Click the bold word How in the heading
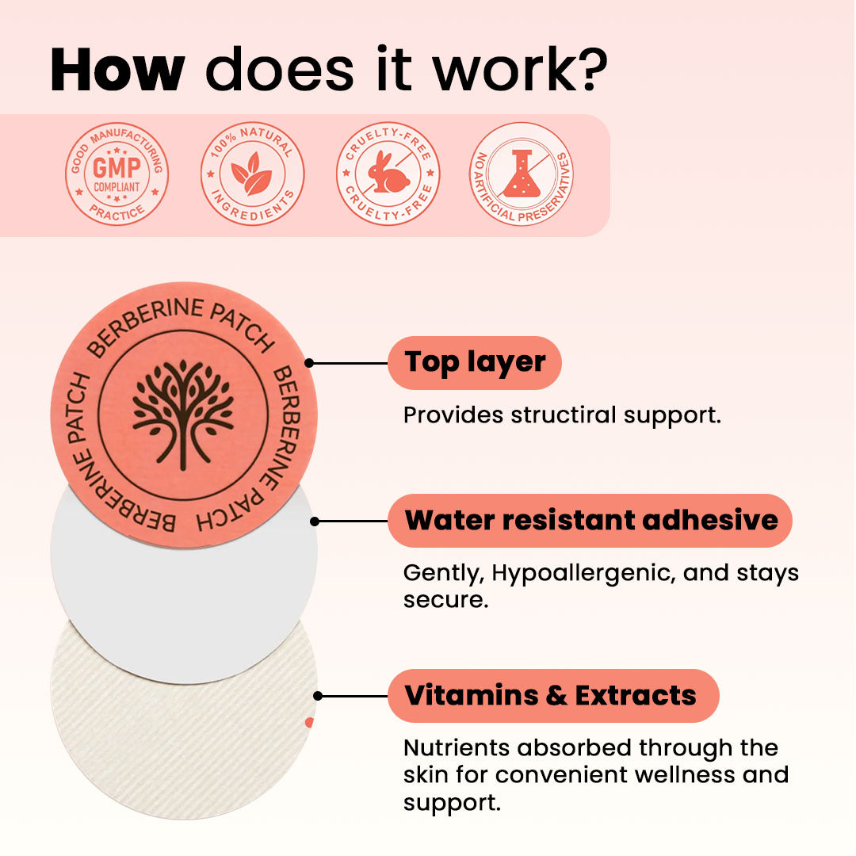117,70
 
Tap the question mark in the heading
592,69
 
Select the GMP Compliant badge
117,174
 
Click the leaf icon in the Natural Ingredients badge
252,174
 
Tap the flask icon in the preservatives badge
522,174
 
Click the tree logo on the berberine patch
183,415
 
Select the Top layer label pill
475,362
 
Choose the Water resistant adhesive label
590,520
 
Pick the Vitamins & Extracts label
553,696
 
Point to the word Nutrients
456,747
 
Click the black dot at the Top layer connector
309,363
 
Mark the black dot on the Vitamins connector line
318,696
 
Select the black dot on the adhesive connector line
315,522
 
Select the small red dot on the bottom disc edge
310,722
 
